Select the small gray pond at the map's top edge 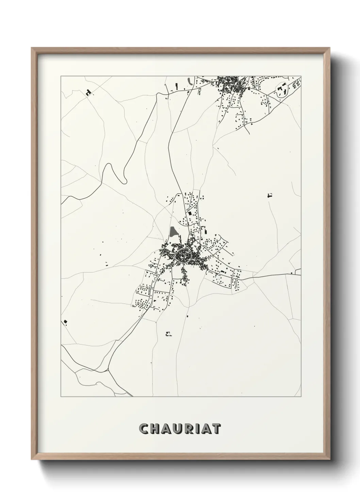point(190,81)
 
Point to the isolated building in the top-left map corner point(89,92)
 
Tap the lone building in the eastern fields point(271,195)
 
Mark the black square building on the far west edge point(65,321)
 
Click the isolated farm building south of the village point(168,334)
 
